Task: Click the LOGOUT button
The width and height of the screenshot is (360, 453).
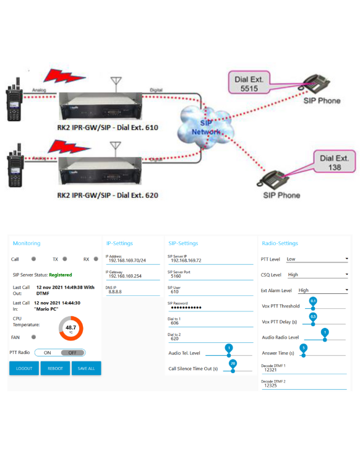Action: pyautogui.click(x=24, y=368)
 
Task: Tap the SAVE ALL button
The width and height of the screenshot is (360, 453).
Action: pyautogui.click(x=86, y=368)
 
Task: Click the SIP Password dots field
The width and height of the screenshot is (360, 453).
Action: pyautogui.click(x=190, y=307)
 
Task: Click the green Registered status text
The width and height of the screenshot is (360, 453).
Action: pyautogui.click(x=60, y=275)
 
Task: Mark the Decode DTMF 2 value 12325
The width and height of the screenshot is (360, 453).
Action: pyautogui.click(x=270, y=386)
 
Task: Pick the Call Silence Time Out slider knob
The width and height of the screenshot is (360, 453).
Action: pyautogui.click(x=233, y=369)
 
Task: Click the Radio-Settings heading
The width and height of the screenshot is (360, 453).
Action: pyautogui.click(x=280, y=243)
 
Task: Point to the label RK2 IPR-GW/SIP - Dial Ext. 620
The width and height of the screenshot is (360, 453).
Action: pyautogui.click(x=108, y=196)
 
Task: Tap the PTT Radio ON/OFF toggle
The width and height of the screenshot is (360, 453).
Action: pyautogui.click(x=59, y=352)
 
